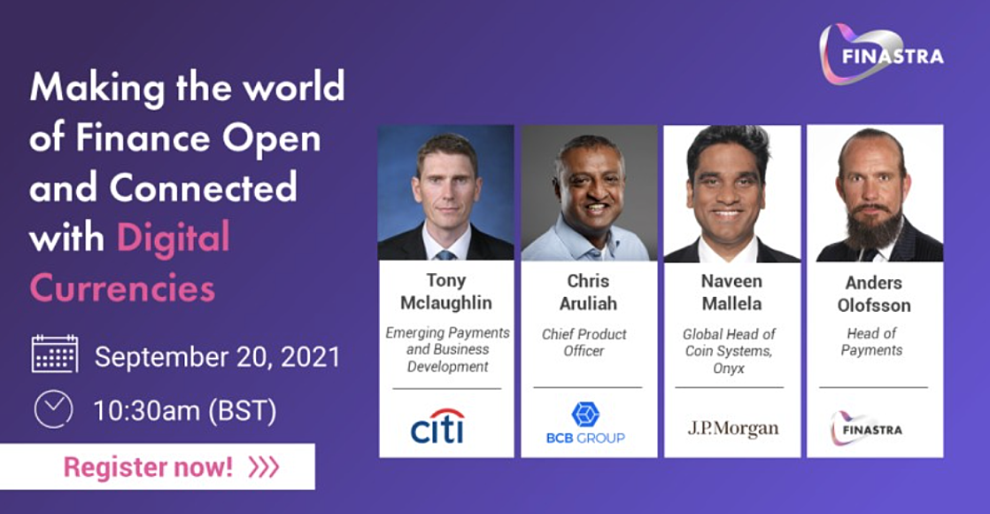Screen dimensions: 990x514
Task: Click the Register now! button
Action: tap(158, 466)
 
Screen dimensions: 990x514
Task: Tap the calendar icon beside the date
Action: tap(55, 354)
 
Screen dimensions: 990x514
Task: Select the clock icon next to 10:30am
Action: tap(54, 409)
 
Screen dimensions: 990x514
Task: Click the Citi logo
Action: tap(437, 426)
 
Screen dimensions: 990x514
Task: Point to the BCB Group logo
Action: tap(585, 423)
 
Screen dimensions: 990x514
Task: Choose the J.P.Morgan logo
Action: tap(733, 429)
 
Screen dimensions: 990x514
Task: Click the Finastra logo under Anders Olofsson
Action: tap(866, 429)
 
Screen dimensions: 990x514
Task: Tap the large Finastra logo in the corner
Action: tap(881, 54)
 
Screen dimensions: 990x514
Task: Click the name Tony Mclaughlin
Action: tap(446, 292)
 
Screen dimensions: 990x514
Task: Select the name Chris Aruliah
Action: tap(588, 292)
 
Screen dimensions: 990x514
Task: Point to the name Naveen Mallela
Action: tap(731, 292)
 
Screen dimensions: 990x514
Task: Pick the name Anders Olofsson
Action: tap(874, 294)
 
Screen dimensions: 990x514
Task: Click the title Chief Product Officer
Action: tap(584, 342)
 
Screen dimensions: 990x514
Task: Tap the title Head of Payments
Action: tap(872, 341)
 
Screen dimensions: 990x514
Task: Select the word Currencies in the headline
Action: tap(122, 288)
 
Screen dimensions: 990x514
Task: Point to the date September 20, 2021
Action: tap(217, 356)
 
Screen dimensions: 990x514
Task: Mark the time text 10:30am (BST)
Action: tap(185, 411)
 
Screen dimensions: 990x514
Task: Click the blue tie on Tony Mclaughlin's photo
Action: tap(445, 255)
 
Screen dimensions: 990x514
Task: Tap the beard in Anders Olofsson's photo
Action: tap(874, 226)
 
